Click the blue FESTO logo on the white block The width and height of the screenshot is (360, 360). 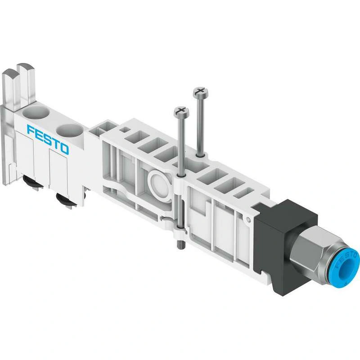tap(48, 139)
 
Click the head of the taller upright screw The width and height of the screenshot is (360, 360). tap(201, 93)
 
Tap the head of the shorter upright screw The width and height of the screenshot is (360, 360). tap(182, 112)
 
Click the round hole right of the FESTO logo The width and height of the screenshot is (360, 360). tap(70, 131)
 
